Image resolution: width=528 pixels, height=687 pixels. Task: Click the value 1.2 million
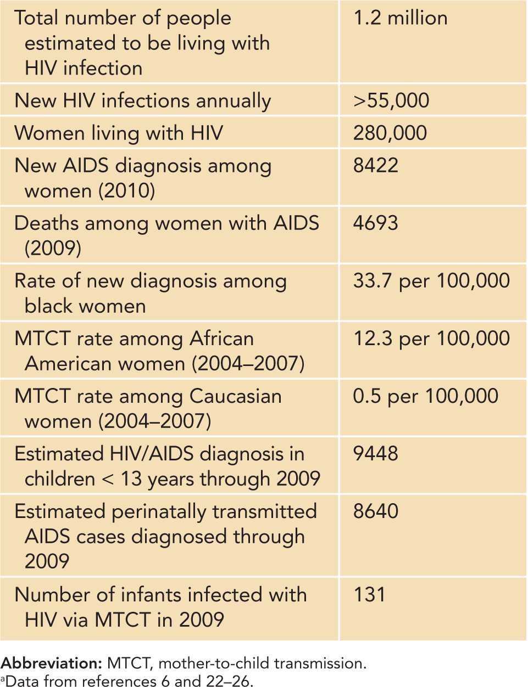point(400,18)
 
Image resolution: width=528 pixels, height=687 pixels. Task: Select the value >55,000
point(391,100)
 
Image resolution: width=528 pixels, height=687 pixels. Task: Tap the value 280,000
point(390,133)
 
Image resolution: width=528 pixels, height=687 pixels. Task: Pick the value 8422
point(375,165)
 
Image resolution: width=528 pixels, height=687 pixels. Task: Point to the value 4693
point(375,223)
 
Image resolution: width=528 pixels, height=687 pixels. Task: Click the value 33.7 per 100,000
point(431,280)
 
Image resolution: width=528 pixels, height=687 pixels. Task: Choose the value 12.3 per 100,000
point(431,338)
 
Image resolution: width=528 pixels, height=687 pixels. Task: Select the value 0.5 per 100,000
point(425,396)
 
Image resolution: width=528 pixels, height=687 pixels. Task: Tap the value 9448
point(375,453)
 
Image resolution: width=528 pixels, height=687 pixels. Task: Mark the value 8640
point(375,511)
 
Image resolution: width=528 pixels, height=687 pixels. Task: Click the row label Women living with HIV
point(119,133)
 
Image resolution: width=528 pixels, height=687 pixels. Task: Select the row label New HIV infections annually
point(142,101)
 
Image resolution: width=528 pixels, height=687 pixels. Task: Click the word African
point(221,338)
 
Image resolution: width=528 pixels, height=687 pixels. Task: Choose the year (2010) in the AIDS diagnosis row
point(127,190)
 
